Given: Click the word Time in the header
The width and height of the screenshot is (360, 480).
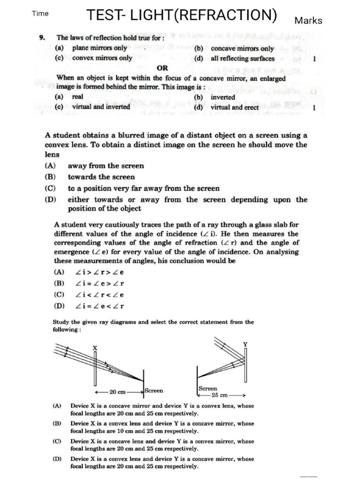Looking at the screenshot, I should (40, 14).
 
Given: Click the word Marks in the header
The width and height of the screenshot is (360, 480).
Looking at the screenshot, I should (308, 20).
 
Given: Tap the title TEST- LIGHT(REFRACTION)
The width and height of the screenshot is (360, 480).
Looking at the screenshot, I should (181, 15).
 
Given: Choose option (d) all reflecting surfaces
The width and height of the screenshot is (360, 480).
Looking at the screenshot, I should (234, 59).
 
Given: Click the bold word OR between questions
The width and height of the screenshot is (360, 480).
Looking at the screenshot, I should (163, 68).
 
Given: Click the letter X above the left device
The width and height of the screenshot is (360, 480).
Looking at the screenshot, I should (95, 348).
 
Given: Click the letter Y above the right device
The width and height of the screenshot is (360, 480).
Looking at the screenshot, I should (245, 345).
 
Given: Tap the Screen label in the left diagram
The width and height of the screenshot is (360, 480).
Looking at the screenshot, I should (154, 390).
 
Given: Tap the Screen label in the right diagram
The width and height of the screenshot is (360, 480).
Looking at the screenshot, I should (208, 389).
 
